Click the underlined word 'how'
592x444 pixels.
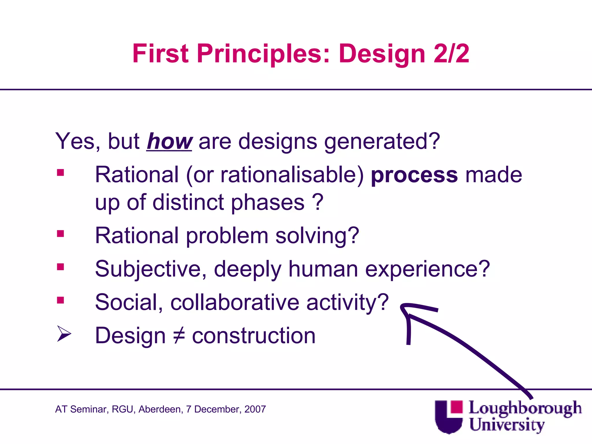(169, 142)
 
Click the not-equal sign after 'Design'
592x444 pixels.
(179, 336)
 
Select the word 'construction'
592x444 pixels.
(254, 336)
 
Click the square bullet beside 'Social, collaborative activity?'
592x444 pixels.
(60, 300)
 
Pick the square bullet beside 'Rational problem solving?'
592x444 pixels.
(60, 234)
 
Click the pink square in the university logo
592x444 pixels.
(456, 407)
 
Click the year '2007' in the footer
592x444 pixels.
(255, 409)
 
